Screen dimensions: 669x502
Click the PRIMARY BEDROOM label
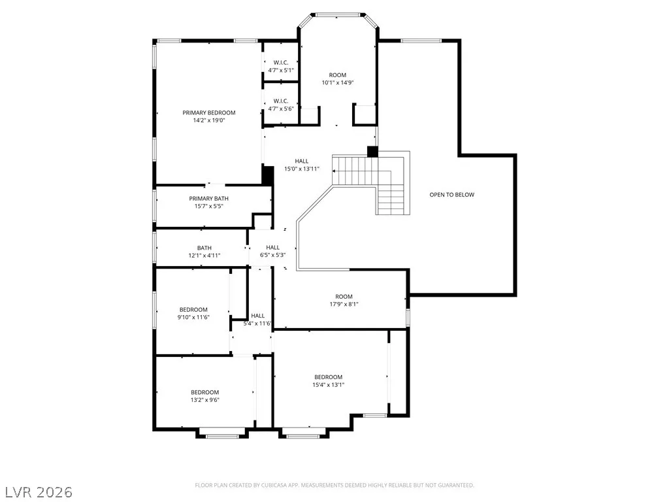(209, 112)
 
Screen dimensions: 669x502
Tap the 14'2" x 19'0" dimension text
(209, 120)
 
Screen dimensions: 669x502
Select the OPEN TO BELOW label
(452, 195)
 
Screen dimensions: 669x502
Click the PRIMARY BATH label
(208, 199)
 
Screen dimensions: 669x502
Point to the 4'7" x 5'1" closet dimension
(281, 70)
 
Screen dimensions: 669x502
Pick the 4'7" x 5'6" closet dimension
(281, 109)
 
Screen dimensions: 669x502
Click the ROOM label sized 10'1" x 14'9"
(338, 75)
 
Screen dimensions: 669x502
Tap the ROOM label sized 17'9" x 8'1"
(344, 297)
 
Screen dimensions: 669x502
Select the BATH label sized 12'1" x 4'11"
(204, 248)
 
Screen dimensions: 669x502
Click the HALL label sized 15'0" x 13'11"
(302, 161)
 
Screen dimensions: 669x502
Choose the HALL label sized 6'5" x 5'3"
(273, 248)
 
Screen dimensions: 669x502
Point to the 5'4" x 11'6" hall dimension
(257, 324)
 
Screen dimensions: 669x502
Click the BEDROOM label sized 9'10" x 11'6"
(193, 310)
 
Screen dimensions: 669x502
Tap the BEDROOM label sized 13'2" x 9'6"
(204, 392)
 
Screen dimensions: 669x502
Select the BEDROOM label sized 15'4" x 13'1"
(329, 377)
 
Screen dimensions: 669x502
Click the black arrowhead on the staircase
(334, 171)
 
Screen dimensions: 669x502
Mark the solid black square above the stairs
(372, 152)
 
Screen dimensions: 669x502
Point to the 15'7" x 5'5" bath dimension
(208, 206)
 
